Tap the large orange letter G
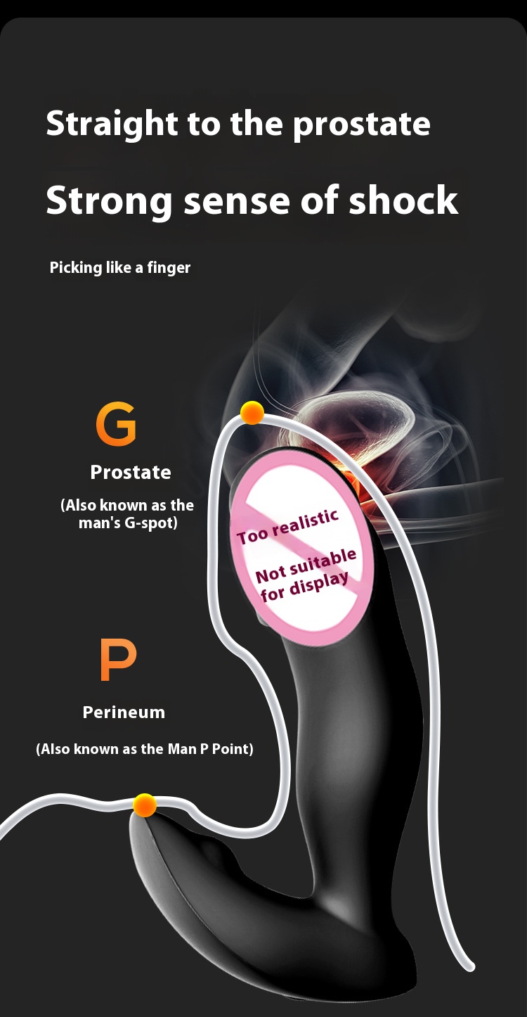click(x=116, y=425)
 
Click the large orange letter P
click(x=117, y=660)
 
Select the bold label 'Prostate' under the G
click(x=131, y=473)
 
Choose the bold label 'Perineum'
click(x=124, y=712)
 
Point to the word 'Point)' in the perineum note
click(x=233, y=749)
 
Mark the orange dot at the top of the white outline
click(x=252, y=414)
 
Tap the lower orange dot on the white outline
click(x=145, y=805)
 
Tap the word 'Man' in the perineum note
click(x=181, y=749)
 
